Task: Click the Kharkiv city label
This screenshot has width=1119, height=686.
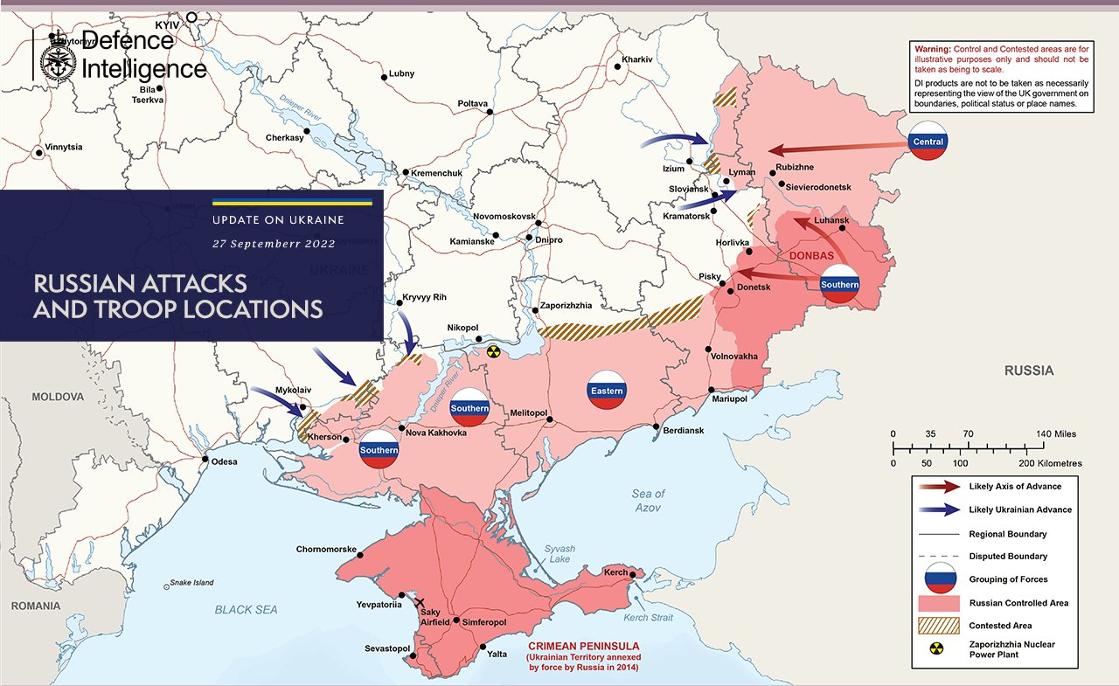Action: pyautogui.click(x=637, y=59)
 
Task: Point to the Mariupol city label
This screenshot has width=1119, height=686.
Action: pyautogui.click(x=729, y=398)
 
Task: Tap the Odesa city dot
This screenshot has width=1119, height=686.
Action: pyautogui.click(x=205, y=460)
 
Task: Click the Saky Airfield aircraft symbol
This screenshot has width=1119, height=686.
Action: pyautogui.click(x=420, y=603)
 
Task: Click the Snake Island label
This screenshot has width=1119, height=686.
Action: pyautogui.click(x=191, y=583)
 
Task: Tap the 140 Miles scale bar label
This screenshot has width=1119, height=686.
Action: pyautogui.click(x=1058, y=433)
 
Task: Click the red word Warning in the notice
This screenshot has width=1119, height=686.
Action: pyautogui.click(x=932, y=49)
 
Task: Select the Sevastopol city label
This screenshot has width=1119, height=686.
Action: pyautogui.click(x=387, y=648)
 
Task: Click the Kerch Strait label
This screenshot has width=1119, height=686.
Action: pyautogui.click(x=649, y=618)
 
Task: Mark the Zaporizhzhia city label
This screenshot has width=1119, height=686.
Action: pyautogui.click(x=566, y=306)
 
